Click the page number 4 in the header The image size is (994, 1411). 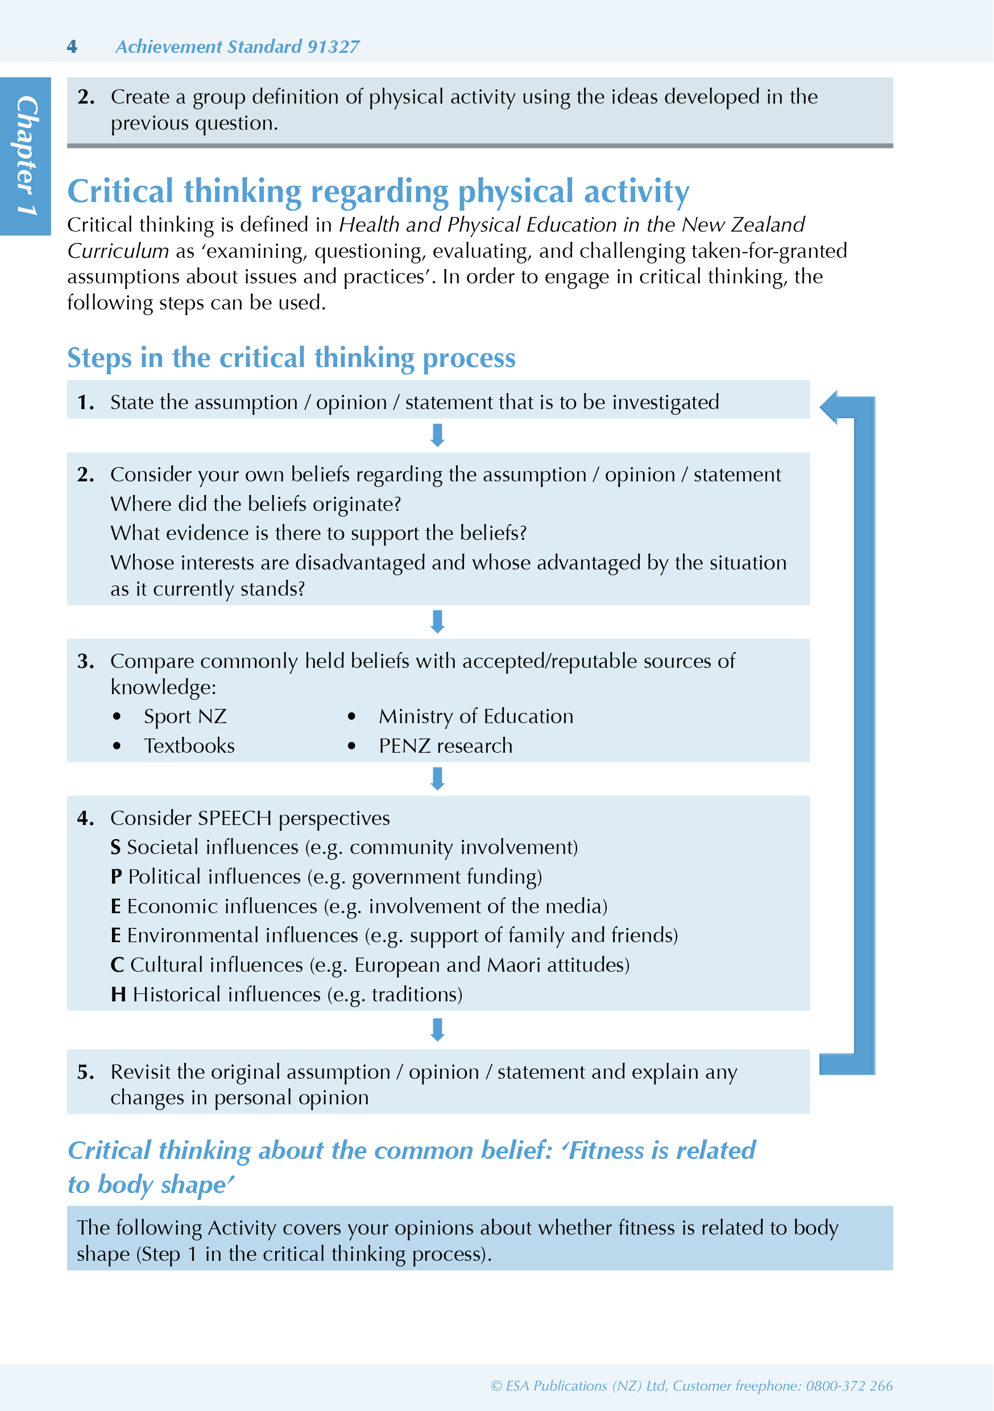pyautogui.click(x=72, y=47)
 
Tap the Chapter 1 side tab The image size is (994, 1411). pyautogui.click(x=26, y=155)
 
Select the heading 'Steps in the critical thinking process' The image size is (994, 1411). pyautogui.click(x=291, y=358)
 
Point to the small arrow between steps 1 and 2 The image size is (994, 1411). pyautogui.click(x=437, y=435)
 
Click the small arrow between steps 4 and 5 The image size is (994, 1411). pyautogui.click(x=437, y=1030)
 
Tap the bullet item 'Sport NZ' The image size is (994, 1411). pyautogui.click(x=185, y=716)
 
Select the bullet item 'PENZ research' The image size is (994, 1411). pyautogui.click(x=445, y=746)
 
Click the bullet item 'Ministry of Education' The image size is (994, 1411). pyautogui.click(x=475, y=716)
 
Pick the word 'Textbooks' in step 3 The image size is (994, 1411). pyautogui.click(x=189, y=746)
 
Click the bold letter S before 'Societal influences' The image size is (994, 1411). pyautogui.click(x=115, y=848)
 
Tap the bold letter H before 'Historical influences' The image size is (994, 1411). pyautogui.click(x=118, y=995)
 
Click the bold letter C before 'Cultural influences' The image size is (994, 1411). pyautogui.click(x=117, y=965)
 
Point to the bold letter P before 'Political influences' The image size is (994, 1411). pyautogui.click(x=116, y=877)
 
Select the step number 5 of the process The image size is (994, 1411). pyautogui.click(x=85, y=1072)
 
